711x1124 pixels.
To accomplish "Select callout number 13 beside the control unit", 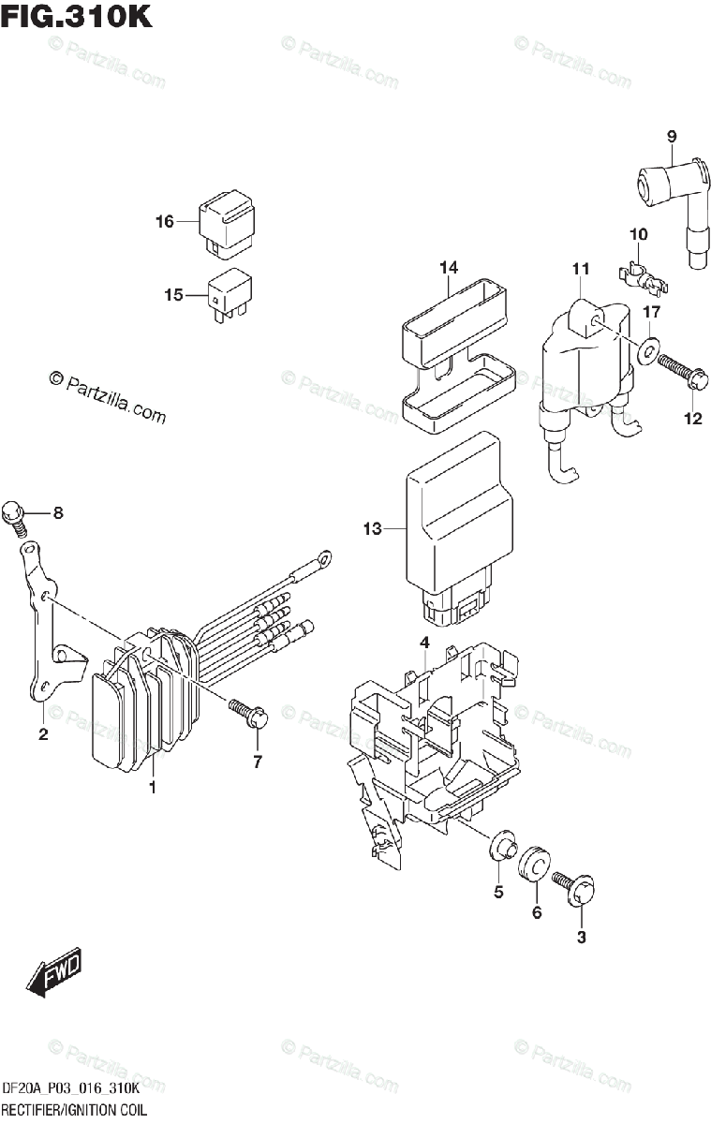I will tap(373, 529).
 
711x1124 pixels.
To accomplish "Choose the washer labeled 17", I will tap(647, 353).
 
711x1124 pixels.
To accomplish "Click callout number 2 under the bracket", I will tap(43, 734).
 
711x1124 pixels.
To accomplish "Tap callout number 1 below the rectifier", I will tap(152, 788).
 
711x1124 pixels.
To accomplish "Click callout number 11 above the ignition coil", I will tap(581, 270).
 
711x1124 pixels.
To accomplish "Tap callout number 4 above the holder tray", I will tap(424, 643).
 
